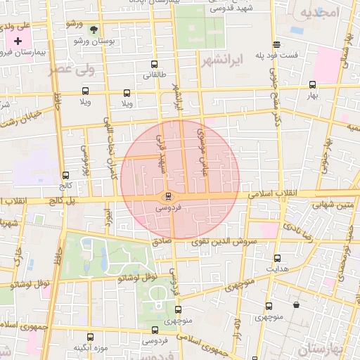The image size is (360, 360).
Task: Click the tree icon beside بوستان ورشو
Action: [x=94, y=30]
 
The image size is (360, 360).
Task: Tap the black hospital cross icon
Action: [x=18, y=42]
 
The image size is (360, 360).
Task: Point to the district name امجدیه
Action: [x=319, y=13]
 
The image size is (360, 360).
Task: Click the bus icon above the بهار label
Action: [x=312, y=84]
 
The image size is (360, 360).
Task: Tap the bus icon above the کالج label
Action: [x=65, y=176]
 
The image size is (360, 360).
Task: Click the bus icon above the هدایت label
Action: [x=277, y=258]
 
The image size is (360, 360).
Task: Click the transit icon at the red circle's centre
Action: [x=167, y=196]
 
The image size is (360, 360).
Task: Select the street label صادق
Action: [x=161, y=240]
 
